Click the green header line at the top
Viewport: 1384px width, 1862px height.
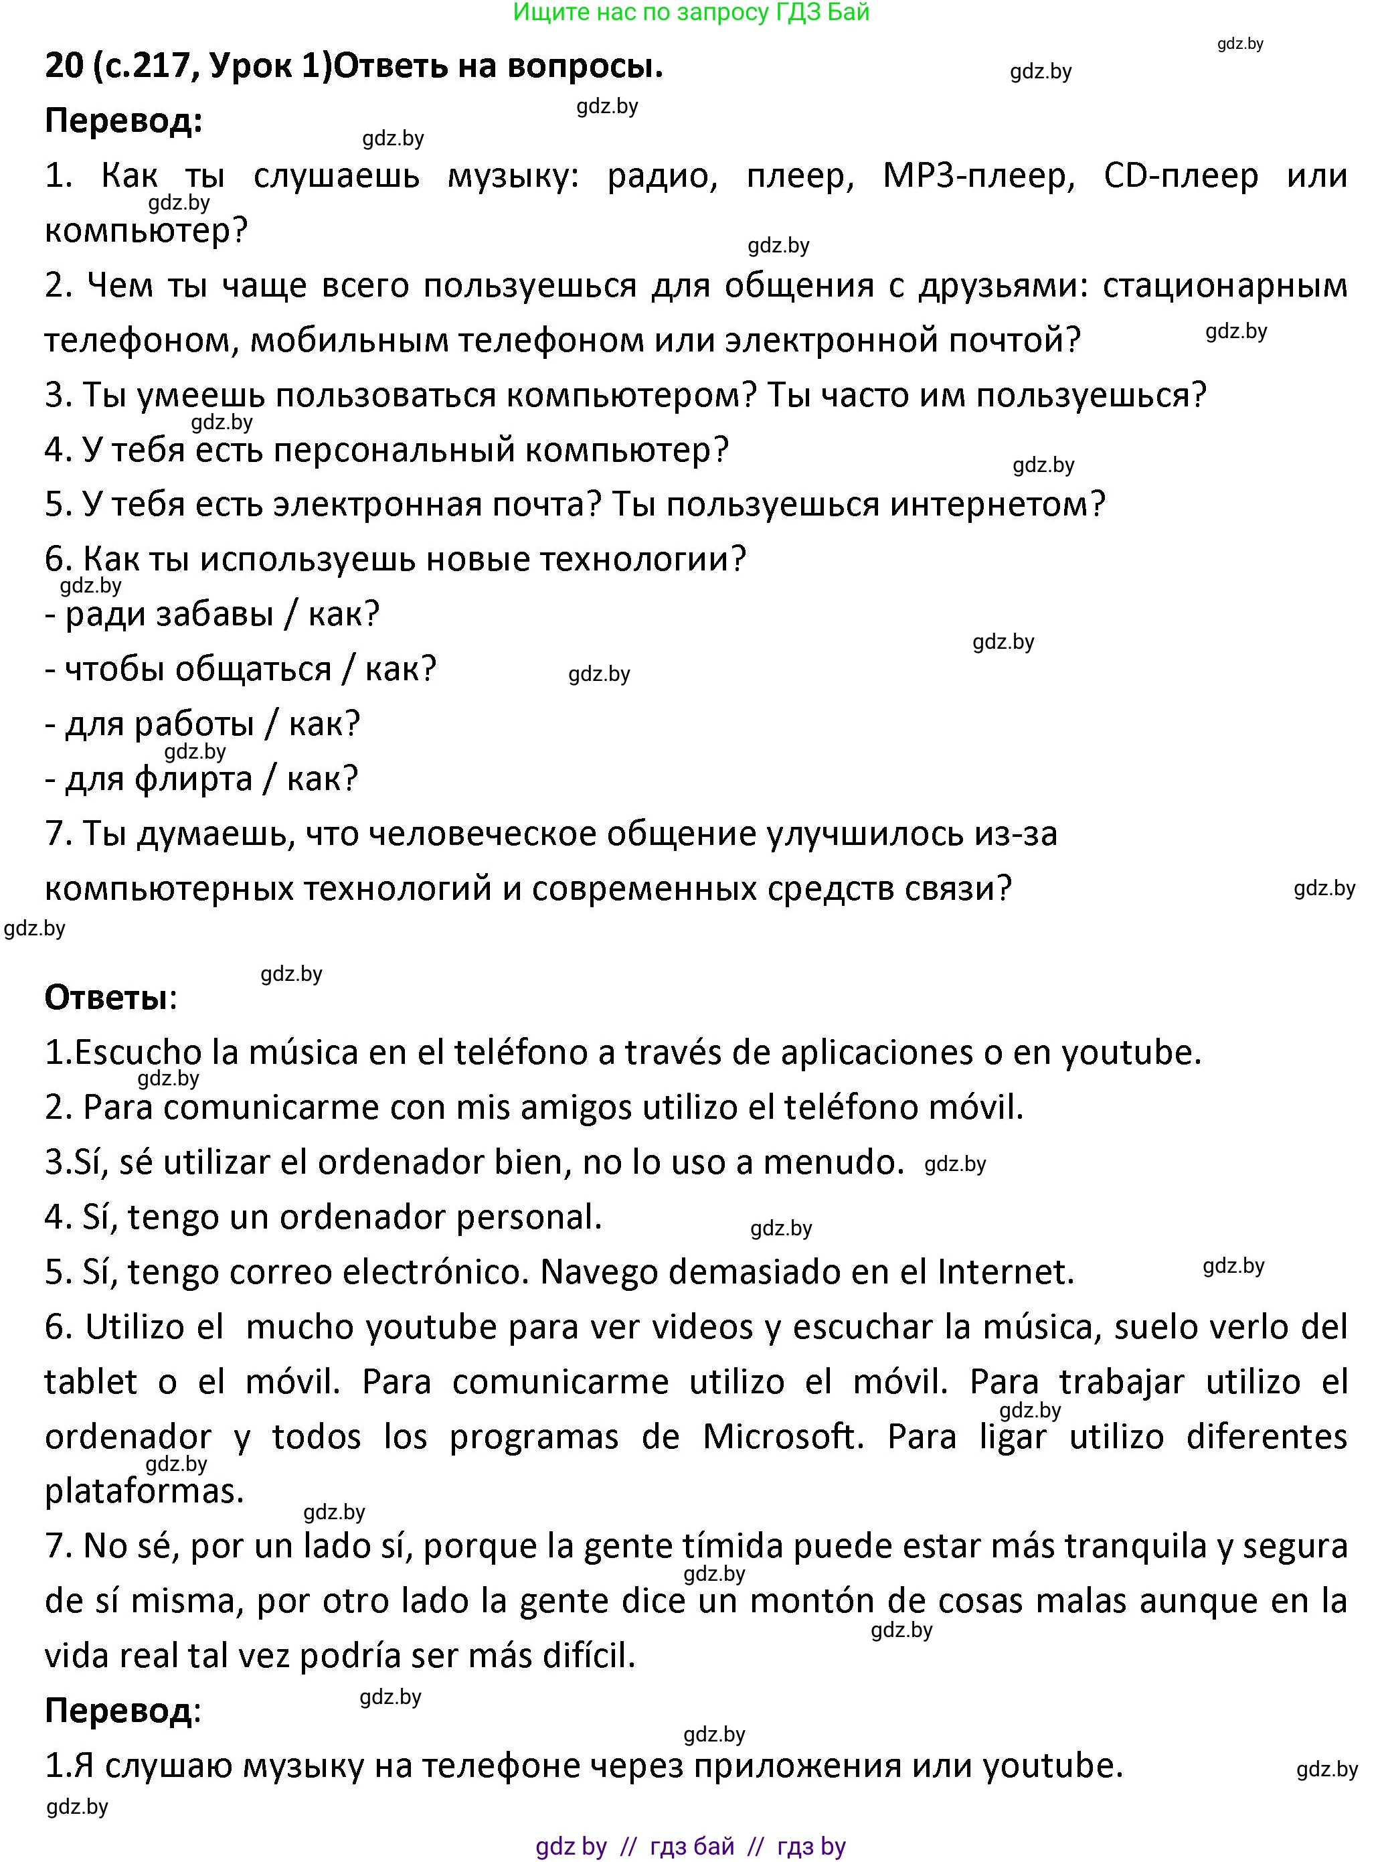[x=691, y=13]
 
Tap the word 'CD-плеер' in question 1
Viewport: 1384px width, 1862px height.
[x=1181, y=176]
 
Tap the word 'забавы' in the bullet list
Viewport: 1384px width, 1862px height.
[x=214, y=614]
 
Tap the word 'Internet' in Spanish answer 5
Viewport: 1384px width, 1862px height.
[x=1005, y=1272]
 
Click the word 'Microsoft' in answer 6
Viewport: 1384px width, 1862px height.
[x=782, y=1436]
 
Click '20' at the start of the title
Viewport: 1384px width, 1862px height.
[x=64, y=66]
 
